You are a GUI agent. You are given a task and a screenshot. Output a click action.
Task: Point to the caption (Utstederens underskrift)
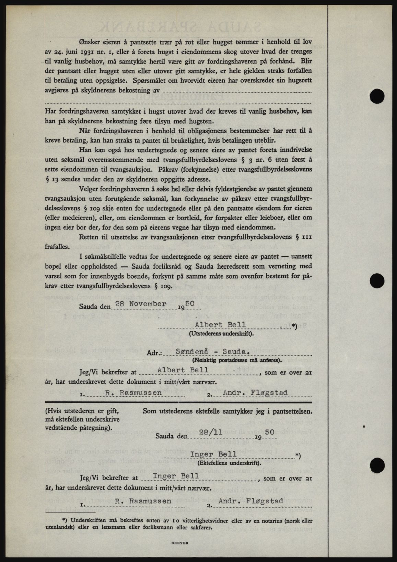[x=222, y=334]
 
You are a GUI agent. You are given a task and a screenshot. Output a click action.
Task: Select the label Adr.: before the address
[x=154, y=353]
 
